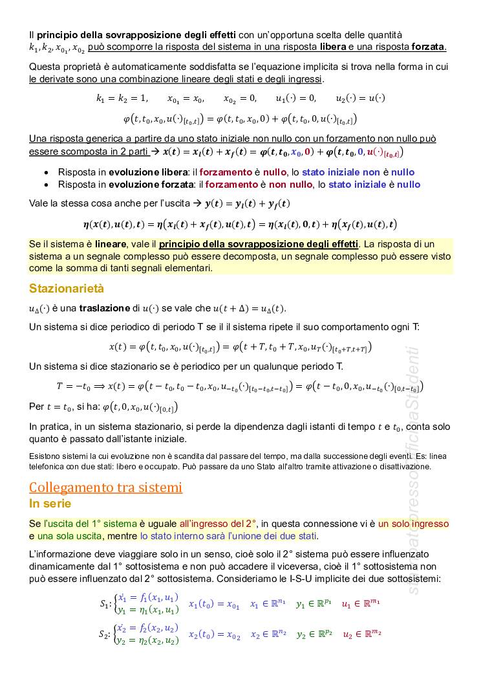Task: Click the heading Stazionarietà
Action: pyautogui.click(x=66, y=289)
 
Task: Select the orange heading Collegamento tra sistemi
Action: pyautogui.click(x=105, y=487)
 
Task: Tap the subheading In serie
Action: pyautogui.click(x=50, y=503)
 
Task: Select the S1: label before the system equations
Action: pyautogui.click(x=105, y=605)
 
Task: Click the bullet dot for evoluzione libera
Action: pyautogui.click(x=47, y=172)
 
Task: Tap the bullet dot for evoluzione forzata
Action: pyautogui.click(x=47, y=184)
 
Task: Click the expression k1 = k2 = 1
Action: pyautogui.click(x=122, y=99)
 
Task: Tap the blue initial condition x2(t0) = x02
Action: pyautogui.click(x=214, y=635)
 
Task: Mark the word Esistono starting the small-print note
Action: pyautogui.click(x=45, y=456)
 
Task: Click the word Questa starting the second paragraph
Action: pyautogui.click(x=45, y=67)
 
